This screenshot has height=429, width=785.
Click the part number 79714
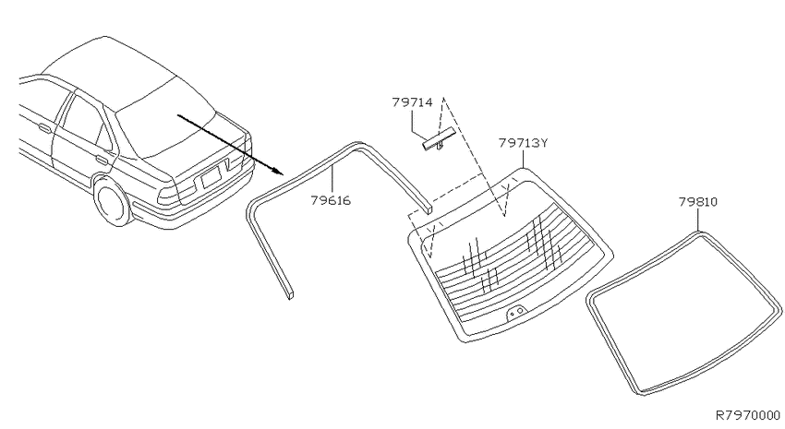[412, 102]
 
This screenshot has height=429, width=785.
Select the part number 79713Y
[523, 143]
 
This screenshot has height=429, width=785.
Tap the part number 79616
[331, 200]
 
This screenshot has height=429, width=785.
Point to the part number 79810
[698, 202]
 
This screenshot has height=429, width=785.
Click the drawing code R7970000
[748, 415]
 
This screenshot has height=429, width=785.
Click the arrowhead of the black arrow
[277, 172]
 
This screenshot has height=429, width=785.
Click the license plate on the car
[211, 177]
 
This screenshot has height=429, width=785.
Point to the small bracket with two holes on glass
[516, 313]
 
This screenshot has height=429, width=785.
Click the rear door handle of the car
[102, 161]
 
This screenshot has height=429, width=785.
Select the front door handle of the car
[44, 129]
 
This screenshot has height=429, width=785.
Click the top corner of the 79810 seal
[698, 232]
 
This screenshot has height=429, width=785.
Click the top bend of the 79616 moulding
[358, 145]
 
